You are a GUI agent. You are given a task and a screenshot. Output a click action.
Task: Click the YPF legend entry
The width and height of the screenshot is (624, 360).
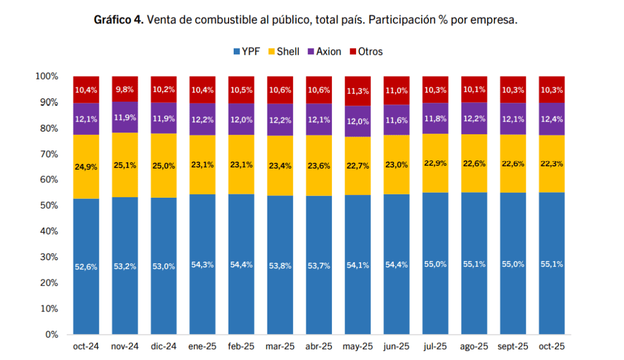[247, 51]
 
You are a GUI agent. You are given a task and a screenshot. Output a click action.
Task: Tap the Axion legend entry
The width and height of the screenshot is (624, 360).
[324, 51]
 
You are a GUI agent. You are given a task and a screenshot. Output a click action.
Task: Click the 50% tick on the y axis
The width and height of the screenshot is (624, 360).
[46, 206]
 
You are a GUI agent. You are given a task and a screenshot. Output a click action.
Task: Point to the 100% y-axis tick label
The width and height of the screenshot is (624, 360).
[46, 77]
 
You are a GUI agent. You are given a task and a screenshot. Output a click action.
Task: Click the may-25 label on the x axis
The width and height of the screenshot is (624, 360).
[358, 346]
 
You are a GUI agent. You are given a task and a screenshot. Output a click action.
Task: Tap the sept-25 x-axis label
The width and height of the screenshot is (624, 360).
[513, 346]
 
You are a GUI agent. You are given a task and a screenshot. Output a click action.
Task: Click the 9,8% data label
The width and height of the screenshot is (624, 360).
[125, 89]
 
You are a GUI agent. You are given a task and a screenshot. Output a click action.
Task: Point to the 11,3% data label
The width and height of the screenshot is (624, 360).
[358, 91]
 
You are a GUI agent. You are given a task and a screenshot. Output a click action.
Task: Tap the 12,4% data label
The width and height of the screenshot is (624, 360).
[551, 118]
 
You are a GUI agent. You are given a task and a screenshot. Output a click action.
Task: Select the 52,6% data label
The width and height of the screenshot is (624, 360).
[86, 266]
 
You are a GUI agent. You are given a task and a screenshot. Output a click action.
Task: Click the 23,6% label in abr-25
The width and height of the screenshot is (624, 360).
[319, 166]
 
